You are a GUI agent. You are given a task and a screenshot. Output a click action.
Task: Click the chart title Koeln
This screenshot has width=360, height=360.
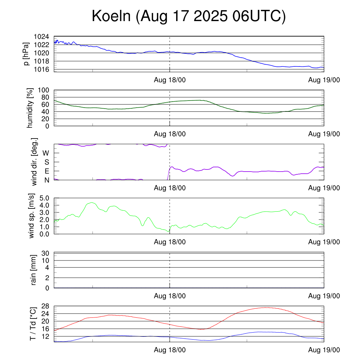188,16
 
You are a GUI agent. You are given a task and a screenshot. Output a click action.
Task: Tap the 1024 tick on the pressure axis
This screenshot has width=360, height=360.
41,37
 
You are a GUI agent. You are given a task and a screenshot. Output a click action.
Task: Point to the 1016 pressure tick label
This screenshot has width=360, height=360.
41,69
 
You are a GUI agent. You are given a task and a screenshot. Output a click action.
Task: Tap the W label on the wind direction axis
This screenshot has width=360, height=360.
46,153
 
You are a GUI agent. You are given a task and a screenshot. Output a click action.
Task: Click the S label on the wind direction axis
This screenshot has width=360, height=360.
46,162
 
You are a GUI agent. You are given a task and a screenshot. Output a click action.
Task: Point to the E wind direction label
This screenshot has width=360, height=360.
46,171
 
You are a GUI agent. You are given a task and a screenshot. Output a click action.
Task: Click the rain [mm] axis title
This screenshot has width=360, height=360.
34,270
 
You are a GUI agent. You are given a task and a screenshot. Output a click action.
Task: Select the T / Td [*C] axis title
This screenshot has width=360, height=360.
32,323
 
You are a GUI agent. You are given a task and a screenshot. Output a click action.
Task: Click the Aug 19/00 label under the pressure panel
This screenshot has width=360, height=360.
324,80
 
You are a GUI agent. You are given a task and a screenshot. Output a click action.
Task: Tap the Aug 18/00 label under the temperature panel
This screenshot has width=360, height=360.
170,350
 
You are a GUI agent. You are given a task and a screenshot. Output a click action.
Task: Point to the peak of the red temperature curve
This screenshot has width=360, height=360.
266,308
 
